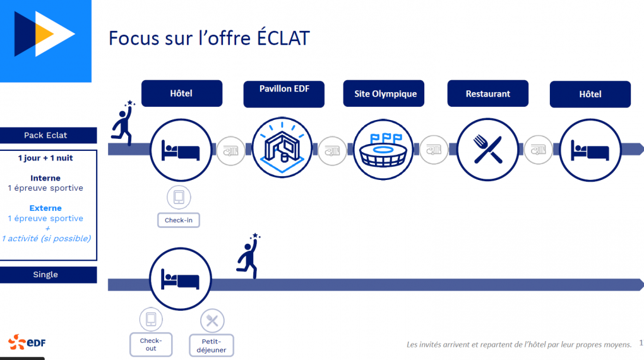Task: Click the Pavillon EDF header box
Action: click(284, 94)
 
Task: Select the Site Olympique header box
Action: click(384, 93)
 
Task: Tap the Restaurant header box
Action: click(488, 93)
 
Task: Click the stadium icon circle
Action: click(384, 150)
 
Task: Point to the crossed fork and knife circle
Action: click(487, 150)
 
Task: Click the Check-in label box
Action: click(179, 220)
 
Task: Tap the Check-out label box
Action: click(151, 344)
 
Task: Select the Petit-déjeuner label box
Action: click(212, 345)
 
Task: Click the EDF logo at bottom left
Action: click(27, 342)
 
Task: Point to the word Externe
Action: click(45, 208)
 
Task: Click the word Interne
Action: click(45, 178)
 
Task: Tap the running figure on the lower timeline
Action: click(248, 256)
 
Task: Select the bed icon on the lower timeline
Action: click(181, 279)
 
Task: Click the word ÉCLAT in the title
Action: click(283, 38)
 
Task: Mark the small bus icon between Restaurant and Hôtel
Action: click(539, 150)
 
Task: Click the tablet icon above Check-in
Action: click(179, 197)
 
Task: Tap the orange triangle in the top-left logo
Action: click(44, 35)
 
